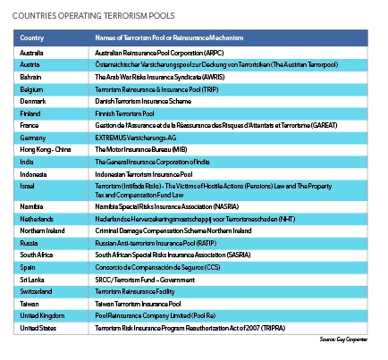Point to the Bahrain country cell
[32, 79]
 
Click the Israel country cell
[29, 188]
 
